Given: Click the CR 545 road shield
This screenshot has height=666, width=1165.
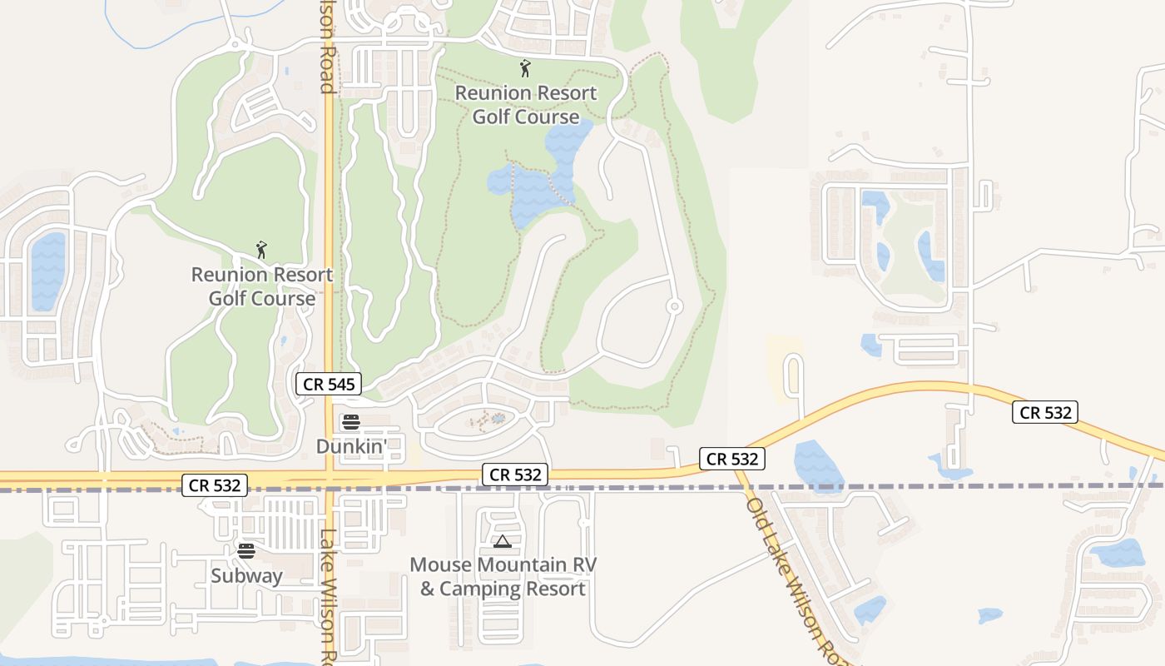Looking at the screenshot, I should (330, 384).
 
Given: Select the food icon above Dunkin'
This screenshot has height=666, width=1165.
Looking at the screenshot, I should (350, 422).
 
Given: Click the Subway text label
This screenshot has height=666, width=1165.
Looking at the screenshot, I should (246, 575).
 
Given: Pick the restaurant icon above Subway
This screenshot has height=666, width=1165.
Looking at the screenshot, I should (245, 550).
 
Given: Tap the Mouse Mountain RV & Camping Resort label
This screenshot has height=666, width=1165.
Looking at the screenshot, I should (503, 577).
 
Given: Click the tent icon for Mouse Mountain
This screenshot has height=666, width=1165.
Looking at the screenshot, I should (502, 542).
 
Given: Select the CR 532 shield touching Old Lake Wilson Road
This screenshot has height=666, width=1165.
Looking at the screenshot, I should (731, 459).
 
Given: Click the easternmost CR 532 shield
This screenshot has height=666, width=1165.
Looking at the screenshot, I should (1045, 411).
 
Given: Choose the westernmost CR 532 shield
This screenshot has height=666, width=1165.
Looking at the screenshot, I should (215, 485).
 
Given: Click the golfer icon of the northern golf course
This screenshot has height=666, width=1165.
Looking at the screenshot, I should (524, 68).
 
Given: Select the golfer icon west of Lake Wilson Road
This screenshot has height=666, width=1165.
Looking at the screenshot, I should (261, 249).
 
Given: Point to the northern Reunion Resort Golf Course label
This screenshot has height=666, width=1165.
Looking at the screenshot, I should (525, 105).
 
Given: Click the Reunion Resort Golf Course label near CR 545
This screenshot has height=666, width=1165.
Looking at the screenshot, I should (261, 286).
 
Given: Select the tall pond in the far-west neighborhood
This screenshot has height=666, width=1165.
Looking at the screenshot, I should (47, 271).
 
